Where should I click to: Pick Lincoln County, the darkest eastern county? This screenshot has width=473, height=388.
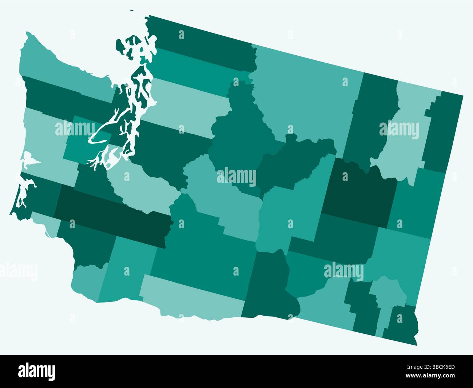pos(358,193)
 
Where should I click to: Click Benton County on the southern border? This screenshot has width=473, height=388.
pos(269,288)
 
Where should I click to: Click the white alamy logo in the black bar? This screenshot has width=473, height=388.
pos(36,372)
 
